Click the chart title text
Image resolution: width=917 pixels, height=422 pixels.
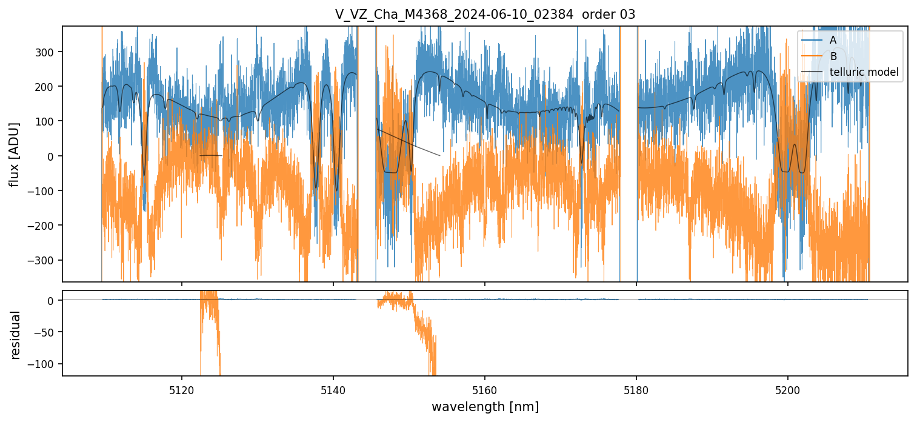click(485, 15)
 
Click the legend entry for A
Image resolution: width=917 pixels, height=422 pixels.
click(833, 40)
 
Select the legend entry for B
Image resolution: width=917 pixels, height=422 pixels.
click(833, 56)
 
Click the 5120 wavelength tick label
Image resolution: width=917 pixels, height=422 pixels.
click(182, 389)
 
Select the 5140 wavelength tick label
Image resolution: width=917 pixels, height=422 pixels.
click(333, 389)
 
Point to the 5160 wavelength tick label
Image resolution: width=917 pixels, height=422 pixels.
click(485, 389)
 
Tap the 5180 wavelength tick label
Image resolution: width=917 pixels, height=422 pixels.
click(636, 389)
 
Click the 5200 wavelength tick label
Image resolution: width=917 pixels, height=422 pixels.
click(787, 389)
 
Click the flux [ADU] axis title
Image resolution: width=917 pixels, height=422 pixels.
click(14, 154)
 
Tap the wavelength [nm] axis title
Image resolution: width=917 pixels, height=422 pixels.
click(485, 406)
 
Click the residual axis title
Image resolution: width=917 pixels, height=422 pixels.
click(16, 335)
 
